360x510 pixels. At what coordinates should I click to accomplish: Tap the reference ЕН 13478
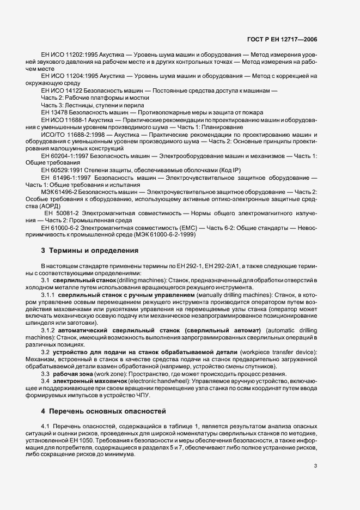(x=56, y=112)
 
